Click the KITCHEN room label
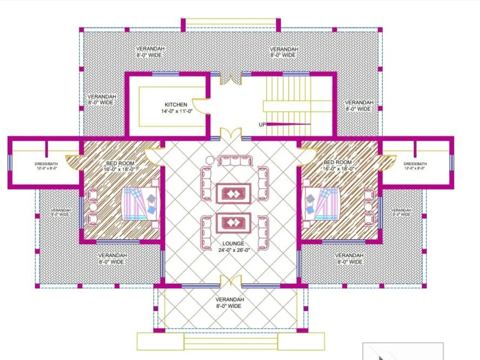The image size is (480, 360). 176,105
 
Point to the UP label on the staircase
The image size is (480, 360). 263,124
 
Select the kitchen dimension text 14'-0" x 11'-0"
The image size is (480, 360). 176,111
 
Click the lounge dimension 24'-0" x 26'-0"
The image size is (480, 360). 233,251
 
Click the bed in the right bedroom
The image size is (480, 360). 323,203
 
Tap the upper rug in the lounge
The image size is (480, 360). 233,193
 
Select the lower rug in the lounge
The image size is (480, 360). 233,222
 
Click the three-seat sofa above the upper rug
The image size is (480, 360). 234,161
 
